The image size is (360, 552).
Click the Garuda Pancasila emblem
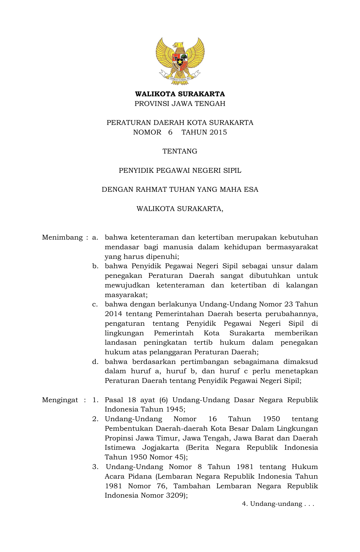click(180, 61)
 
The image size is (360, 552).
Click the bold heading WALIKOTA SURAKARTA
click(180, 94)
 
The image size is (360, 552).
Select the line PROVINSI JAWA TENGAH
click(180, 104)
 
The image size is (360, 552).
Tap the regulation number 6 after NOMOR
click(170, 132)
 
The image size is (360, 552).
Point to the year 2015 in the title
click(218, 132)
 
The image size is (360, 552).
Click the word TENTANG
click(180, 151)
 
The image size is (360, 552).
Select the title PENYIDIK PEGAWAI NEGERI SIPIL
click(180, 170)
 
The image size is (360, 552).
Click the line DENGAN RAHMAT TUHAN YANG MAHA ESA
click(180, 189)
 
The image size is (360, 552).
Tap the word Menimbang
click(62, 237)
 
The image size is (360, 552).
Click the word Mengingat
click(60, 400)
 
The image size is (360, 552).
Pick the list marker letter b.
click(95, 266)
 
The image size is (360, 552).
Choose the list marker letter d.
click(95, 362)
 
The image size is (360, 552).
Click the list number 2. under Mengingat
click(95, 419)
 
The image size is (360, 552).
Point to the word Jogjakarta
click(160, 448)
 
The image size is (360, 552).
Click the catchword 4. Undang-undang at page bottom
click(278, 504)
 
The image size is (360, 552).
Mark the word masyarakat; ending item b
click(126, 295)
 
